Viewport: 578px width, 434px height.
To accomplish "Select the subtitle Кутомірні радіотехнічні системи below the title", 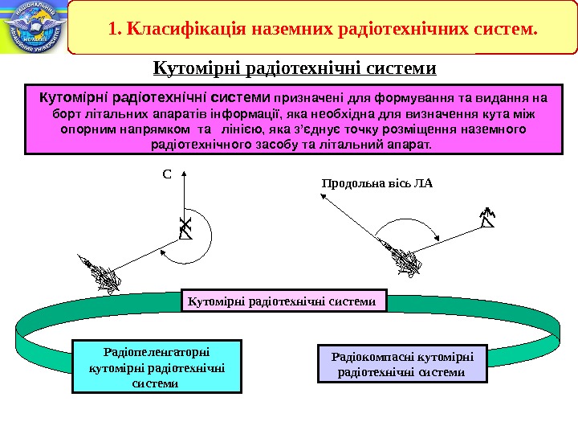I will pos(294,68).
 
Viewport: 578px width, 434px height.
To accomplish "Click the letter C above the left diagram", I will pos(168,173).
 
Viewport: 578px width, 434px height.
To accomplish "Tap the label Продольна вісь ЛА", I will pos(377,183).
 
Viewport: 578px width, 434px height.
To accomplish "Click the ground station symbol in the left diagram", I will pos(185,229).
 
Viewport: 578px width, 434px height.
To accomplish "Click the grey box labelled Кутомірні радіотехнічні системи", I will pos(285,301).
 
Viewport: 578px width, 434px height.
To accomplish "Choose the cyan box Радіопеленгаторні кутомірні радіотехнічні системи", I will pos(157,366).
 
